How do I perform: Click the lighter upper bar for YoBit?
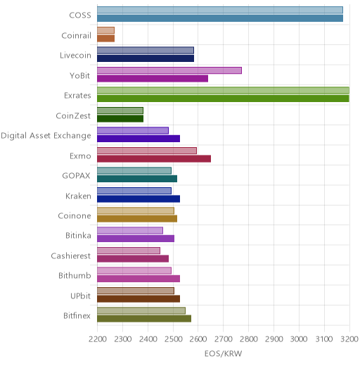pos(169,70)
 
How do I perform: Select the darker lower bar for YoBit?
pos(153,79)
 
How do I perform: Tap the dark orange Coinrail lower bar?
pos(106,39)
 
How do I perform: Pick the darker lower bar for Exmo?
pos(154,159)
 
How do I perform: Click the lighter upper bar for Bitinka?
pos(130,231)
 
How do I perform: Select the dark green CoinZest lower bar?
pos(120,119)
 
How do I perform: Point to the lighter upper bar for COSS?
pos(220,10)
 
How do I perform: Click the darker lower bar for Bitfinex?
pos(144,319)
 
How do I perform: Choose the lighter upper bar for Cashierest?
pos(129,251)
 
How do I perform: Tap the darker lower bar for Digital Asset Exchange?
pos(139,139)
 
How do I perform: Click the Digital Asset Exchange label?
pos(46,136)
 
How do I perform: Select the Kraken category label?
pos(78,196)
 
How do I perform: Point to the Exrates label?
pos(77,96)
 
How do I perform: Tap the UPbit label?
pos(80,296)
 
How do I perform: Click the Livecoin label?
pos(75,56)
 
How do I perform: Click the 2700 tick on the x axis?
pos(223,339)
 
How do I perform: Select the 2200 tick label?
pos(97,339)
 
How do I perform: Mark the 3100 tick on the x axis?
pos(324,339)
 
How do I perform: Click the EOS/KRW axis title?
pos(223,353)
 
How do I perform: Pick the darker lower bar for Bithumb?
pos(139,279)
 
